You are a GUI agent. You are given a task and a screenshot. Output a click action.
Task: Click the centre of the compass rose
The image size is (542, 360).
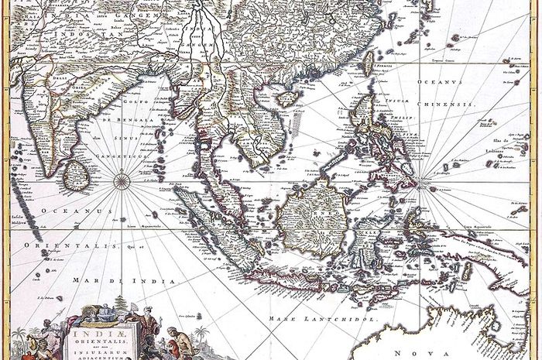(122, 183)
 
